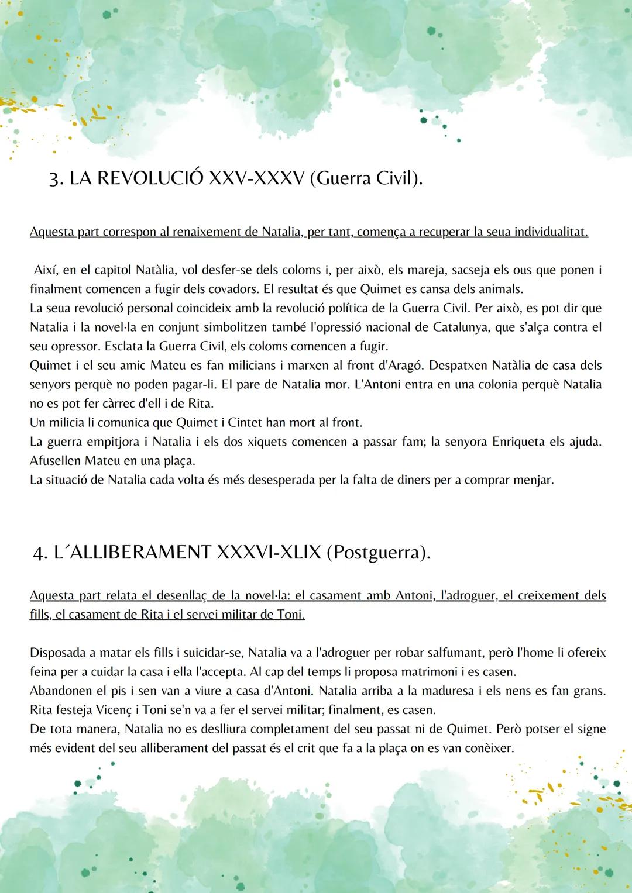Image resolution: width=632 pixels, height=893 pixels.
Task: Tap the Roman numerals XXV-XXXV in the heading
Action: [x=256, y=178]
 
